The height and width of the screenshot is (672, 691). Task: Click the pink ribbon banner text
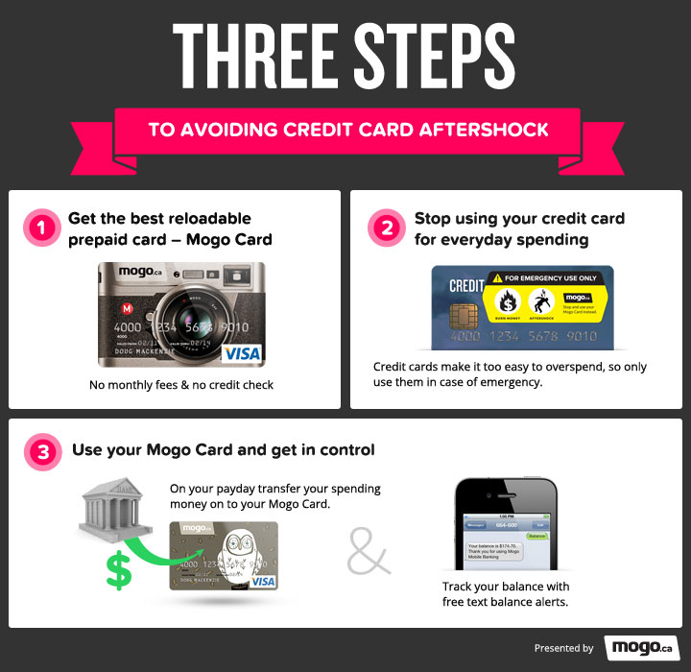(x=348, y=130)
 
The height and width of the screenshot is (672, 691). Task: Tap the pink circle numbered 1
(x=39, y=228)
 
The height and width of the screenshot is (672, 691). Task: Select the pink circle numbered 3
(x=39, y=450)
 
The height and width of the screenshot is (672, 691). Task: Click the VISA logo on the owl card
(x=262, y=581)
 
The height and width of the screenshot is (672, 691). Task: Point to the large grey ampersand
(x=369, y=548)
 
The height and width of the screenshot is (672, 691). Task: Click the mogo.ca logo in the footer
(x=641, y=647)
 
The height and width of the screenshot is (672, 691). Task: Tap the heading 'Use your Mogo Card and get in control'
(x=224, y=450)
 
